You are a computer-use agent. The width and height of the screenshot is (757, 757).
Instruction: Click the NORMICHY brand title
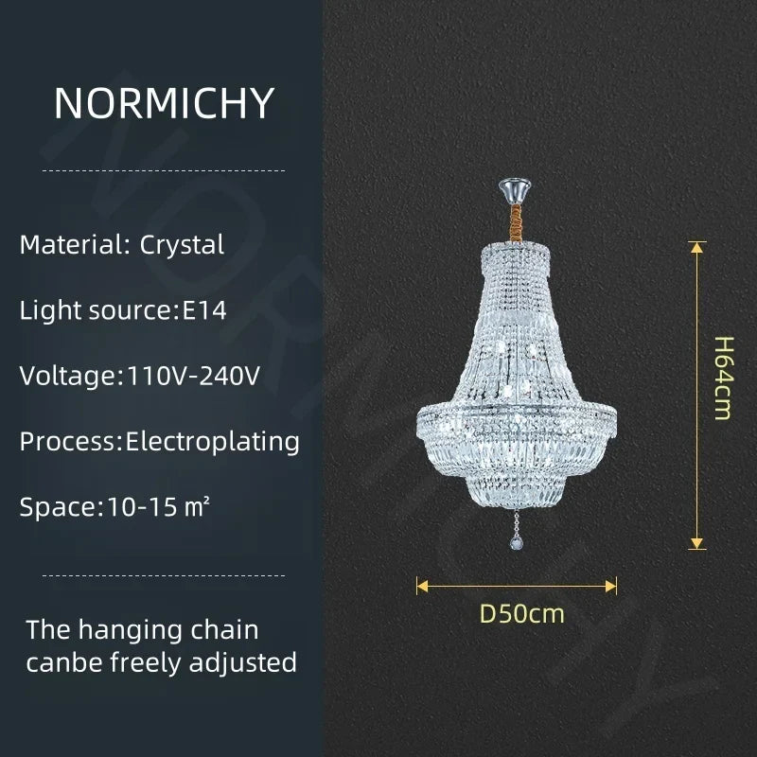click(164, 103)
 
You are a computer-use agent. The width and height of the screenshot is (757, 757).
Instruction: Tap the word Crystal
click(183, 245)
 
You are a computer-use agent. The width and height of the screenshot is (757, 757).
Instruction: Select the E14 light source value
click(204, 310)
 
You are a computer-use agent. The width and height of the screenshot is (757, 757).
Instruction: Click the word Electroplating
click(213, 441)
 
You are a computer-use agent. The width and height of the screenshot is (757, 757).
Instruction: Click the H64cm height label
click(724, 378)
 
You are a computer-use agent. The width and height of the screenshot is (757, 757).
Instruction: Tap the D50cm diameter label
click(521, 613)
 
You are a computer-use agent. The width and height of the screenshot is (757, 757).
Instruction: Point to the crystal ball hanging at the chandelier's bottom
click(517, 542)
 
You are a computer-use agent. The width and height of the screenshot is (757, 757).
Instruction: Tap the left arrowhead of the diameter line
click(423, 586)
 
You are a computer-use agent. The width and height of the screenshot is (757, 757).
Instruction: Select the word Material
click(70, 245)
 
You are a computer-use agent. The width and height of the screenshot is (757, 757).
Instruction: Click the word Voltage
click(66, 376)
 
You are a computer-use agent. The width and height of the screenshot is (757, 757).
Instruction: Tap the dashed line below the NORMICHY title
click(164, 170)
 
